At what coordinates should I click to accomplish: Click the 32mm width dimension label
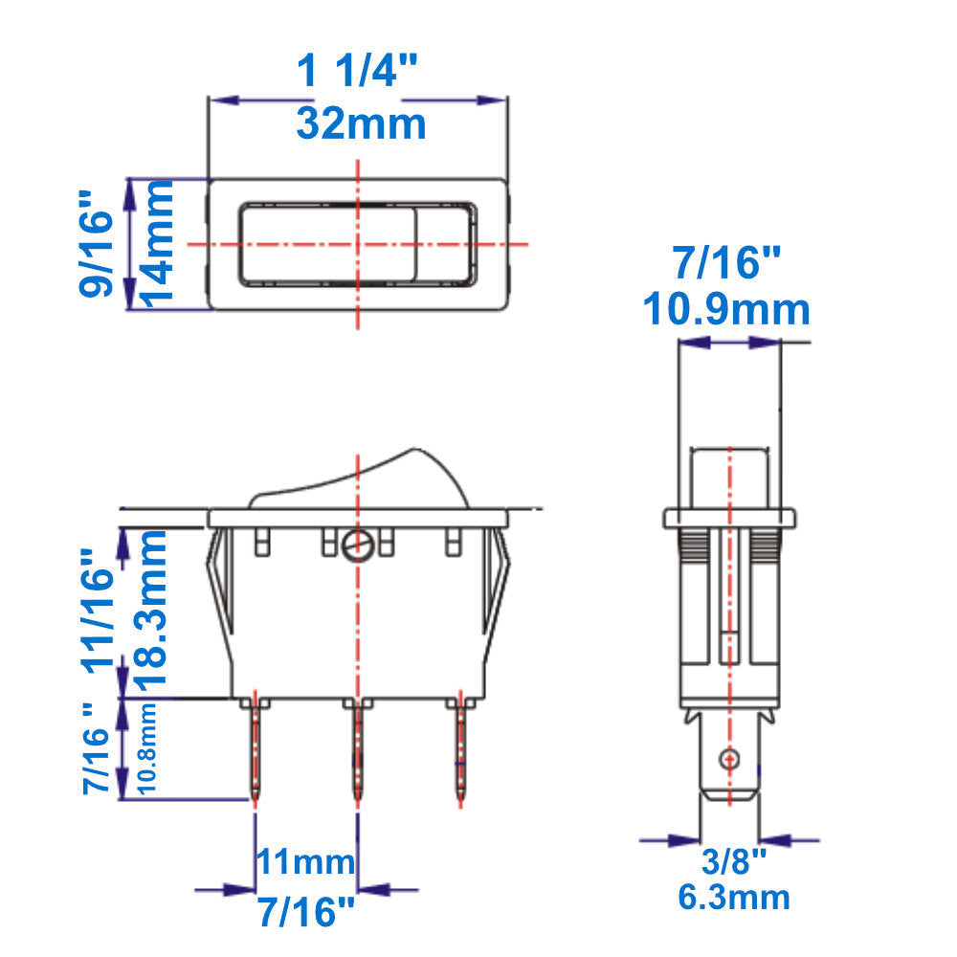pos(360,123)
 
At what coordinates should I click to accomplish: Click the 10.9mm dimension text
pos(726,310)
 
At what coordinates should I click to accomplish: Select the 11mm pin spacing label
pos(304,862)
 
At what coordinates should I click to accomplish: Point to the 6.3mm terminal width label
pos(734,897)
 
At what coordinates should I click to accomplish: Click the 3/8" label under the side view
pos(734,862)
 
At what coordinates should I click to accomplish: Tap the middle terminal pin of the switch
pos(358,751)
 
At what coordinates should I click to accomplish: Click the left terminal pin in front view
pos(256,751)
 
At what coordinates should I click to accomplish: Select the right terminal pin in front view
pos(461,751)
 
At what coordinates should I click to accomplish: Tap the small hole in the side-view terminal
pos(729,758)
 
